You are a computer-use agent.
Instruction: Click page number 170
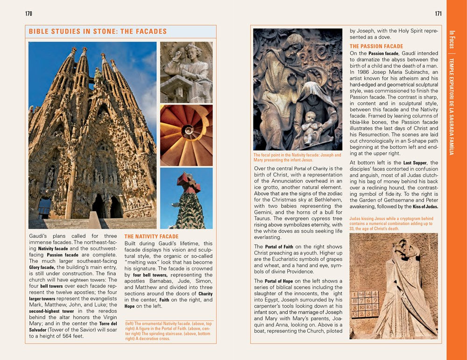coord(29,14)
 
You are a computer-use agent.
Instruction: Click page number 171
coord(438,14)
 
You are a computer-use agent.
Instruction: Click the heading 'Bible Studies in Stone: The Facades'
coord(98,32)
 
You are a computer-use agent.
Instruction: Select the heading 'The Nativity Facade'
coord(151,237)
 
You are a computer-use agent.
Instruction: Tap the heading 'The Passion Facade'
coord(376,46)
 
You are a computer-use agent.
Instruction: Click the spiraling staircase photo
coord(186,135)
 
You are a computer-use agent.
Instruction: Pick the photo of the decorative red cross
coord(186,198)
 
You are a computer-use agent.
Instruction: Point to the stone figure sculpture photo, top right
coord(186,72)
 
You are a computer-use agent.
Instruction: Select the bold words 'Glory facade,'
coord(42,268)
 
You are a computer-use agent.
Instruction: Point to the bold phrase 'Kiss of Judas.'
coord(425,206)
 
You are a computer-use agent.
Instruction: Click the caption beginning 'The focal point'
coord(297,157)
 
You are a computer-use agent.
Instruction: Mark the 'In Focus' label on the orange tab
coord(452,40)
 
